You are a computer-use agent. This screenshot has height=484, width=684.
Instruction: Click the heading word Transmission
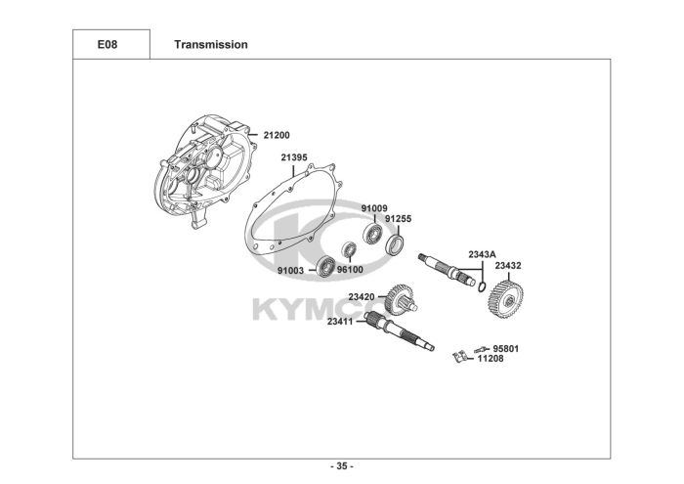click(210, 44)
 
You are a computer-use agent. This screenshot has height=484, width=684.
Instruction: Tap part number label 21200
click(277, 135)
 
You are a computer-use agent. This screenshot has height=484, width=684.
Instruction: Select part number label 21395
click(294, 157)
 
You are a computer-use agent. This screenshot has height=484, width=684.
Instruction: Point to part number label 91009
click(374, 208)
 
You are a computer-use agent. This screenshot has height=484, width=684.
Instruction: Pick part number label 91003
click(290, 270)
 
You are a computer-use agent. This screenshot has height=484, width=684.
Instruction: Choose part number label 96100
click(350, 270)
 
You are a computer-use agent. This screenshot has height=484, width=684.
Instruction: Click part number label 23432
click(508, 265)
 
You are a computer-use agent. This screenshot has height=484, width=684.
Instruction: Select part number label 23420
click(362, 296)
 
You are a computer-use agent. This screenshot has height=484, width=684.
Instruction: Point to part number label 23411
click(341, 321)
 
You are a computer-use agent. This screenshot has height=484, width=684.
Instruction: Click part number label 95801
click(505, 348)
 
